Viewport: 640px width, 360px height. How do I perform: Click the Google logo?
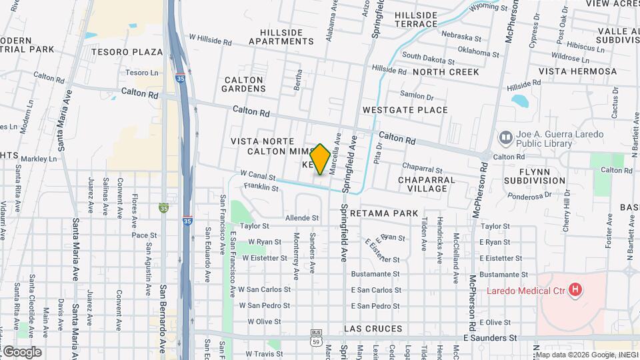point(22,352)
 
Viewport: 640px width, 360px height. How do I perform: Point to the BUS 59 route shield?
point(316,336)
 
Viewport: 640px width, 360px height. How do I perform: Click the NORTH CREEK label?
point(445,71)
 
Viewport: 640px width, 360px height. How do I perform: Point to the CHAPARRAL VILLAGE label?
point(426,184)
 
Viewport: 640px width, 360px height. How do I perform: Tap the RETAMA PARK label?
point(383,213)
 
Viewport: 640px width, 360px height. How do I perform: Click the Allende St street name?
point(302,217)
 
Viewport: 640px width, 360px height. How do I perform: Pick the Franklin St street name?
point(261,189)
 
